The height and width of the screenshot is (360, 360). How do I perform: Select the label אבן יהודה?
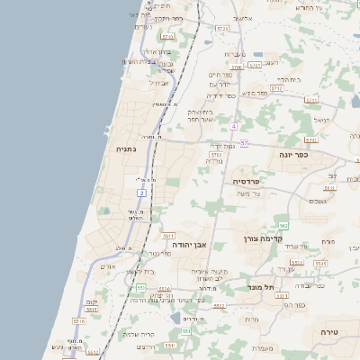click(189, 244)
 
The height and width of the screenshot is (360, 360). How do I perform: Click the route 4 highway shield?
click(233, 126)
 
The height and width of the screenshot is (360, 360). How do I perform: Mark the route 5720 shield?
click(221, 30)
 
